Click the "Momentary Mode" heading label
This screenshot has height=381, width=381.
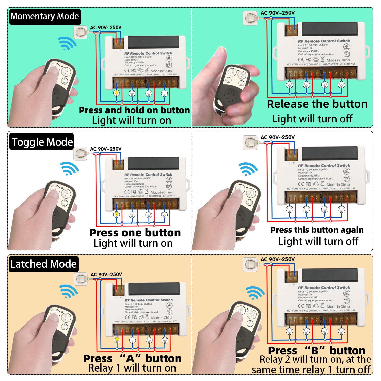(45, 17)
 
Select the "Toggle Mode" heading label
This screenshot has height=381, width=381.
(42, 142)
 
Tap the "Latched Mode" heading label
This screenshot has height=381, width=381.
(43, 264)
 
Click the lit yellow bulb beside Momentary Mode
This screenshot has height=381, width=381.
(117, 93)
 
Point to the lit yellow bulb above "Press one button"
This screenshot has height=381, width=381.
(117, 214)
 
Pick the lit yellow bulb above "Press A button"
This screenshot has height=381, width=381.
(117, 340)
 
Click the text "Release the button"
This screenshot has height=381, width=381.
(317, 104)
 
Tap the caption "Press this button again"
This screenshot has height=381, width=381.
(317, 230)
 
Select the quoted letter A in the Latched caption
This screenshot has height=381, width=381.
(130, 359)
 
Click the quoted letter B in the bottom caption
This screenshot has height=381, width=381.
(315, 351)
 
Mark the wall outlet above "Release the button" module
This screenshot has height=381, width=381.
(250, 18)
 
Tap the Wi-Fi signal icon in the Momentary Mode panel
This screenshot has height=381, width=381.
(67, 43)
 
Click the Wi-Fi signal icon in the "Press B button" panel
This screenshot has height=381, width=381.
(255, 293)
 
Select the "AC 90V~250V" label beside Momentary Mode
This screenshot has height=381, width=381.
(106, 27)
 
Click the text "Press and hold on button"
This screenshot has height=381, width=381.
(134, 110)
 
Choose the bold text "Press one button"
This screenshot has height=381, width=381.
(135, 233)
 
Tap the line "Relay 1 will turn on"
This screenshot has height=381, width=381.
(132, 368)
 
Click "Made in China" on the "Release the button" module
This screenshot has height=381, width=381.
(338, 60)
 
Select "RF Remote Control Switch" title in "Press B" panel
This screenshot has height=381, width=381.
(324, 287)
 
